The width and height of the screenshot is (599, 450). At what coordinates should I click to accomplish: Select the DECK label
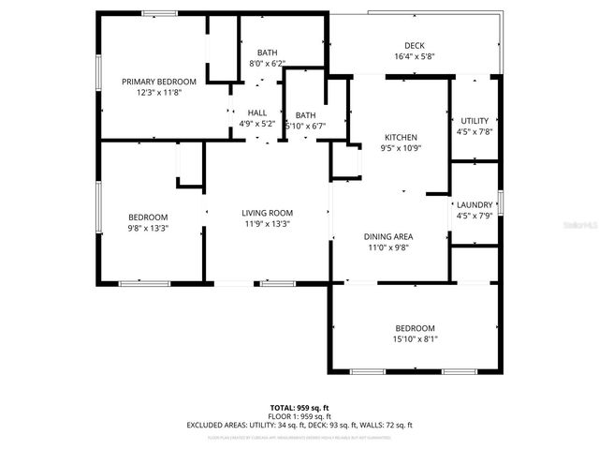415,45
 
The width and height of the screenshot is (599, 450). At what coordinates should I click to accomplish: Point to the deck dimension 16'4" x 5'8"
415,56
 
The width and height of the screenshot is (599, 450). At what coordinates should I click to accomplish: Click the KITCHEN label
400,137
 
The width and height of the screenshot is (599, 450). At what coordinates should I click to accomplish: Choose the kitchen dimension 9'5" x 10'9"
400,148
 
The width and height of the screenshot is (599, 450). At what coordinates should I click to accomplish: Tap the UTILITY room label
475,121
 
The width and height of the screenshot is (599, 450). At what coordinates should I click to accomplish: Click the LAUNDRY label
475,204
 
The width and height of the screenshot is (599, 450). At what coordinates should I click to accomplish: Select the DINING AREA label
388,236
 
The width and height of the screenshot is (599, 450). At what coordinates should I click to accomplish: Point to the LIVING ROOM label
268,213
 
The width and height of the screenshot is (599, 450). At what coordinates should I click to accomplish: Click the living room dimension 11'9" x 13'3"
268,224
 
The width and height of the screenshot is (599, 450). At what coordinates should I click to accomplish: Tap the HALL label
257,112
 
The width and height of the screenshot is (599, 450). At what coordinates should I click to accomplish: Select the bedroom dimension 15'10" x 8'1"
415,338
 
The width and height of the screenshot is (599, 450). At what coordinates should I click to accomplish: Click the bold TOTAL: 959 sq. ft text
299,408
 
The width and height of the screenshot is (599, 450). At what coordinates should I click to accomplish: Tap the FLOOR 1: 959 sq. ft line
299,416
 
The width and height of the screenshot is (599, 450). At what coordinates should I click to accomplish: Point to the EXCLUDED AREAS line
299,425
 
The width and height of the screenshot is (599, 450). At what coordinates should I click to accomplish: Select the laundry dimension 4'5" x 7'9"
475,216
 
